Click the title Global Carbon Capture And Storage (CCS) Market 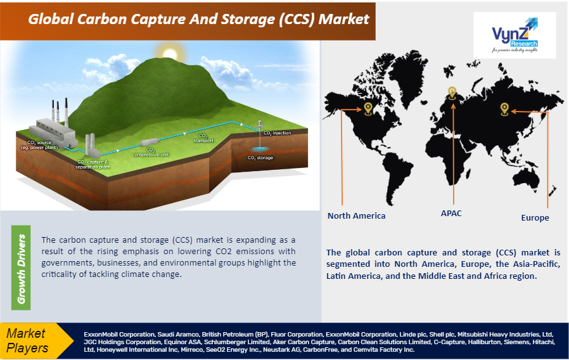(198, 19)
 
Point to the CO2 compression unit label (151, 152)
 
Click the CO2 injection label (277, 133)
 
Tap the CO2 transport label (203, 138)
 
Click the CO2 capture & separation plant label (93, 165)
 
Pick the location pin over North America (368, 109)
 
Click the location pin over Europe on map (452, 93)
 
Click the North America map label (356, 215)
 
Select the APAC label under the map (451, 213)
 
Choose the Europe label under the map (535, 217)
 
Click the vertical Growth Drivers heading (22, 269)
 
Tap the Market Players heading (28, 340)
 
